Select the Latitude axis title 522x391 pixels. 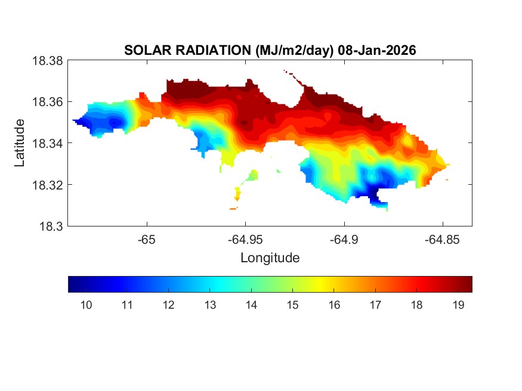[x=20, y=143]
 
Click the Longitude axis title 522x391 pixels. [x=270, y=258]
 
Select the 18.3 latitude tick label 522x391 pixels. [x=50, y=226]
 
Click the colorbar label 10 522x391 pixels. [x=86, y=306]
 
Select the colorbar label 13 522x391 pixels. [x=209, y=306]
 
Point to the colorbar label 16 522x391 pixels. [x=333, y=306]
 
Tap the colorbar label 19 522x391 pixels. [x=458, y=306]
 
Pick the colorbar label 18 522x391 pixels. [x=416, y=306]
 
